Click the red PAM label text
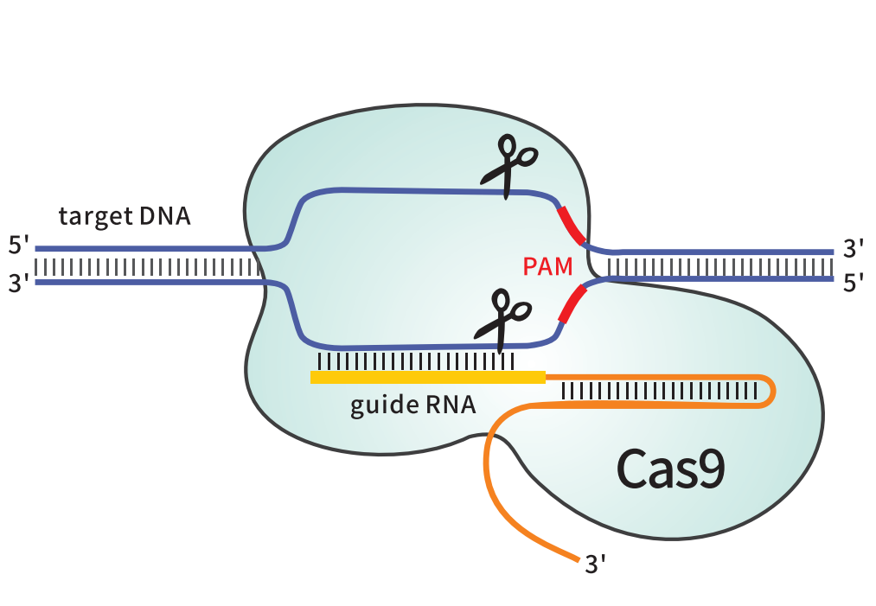click(547, 266)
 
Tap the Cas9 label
click(670, 469)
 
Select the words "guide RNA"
click(412, 405)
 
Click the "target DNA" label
click(125, 217)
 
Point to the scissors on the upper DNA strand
click(509, 166)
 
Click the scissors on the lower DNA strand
click(502, 321)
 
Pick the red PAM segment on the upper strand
click(571, 225)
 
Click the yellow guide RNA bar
click(428, 377)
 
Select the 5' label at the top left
click(18, 246)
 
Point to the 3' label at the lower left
click(18, 284)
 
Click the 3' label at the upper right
click(854, 249)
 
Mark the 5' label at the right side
click(854, 284)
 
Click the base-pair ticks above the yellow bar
click(416, 361)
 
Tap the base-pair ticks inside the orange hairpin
click(659, 391)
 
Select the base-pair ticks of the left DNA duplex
click(147, 267)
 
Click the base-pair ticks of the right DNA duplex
click(720, 267)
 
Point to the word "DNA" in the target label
click(165, 216)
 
